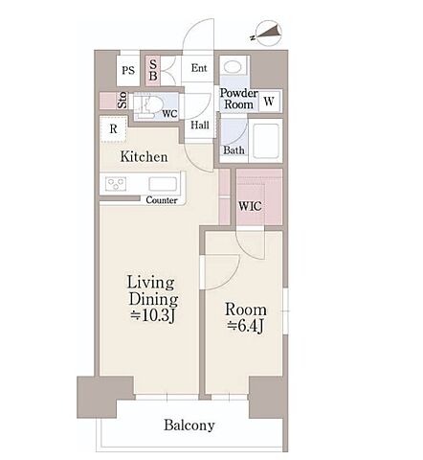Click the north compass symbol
pos(270,34)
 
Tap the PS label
pos(128,70)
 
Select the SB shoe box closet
pos(153,71)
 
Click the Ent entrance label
pos(199,68)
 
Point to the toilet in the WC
pos(150,105)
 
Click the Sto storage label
pos(122,101)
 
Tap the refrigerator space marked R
pos(113,129)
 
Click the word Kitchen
pos(144,156)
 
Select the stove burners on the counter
pos(116,184)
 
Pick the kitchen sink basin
pos(163,184)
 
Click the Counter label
pos(162,200)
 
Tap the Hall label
pos(200,125)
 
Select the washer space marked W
pos(269,102)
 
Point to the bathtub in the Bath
pos(266,141)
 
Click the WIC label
pos(250,206)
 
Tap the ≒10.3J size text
pos(153,316)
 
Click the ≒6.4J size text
pos(245,326)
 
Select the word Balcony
pos(189,425)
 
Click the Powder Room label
pos(238,99)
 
